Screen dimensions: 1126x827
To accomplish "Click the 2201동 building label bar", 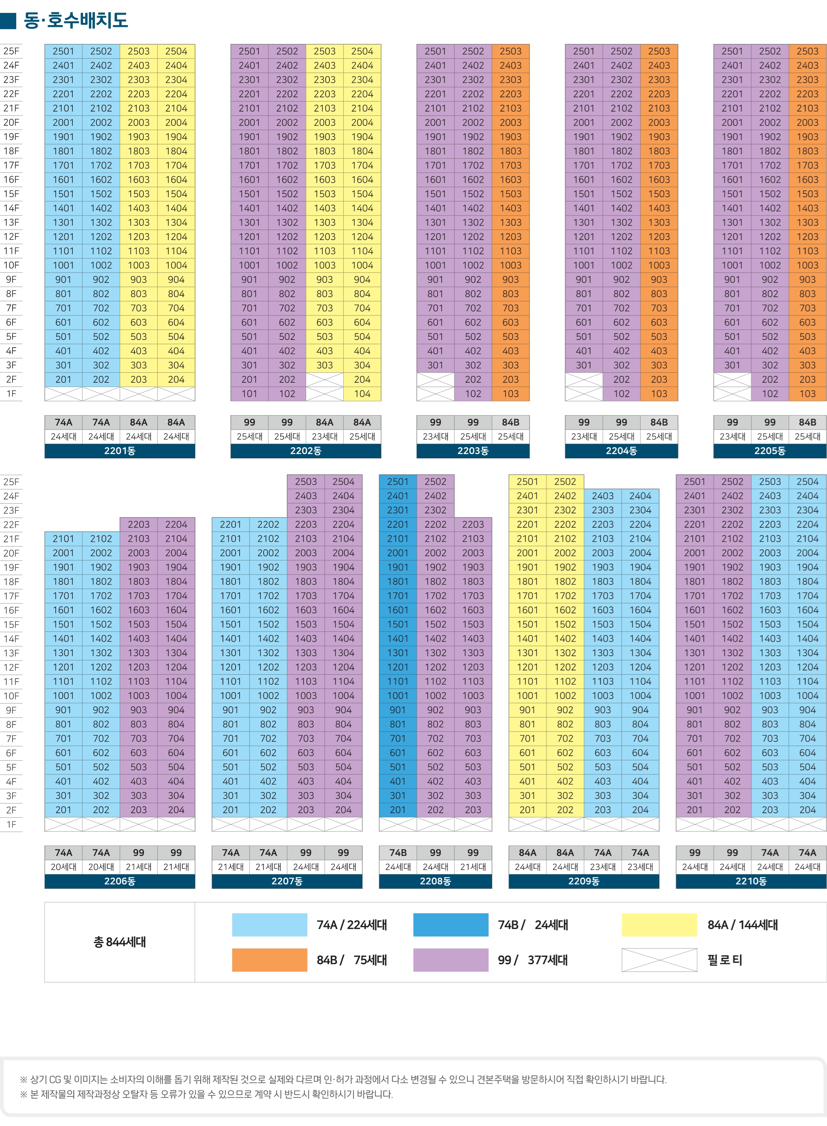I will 120,451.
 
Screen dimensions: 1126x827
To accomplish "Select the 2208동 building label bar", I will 435,881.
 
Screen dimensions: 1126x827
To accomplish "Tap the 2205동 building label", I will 769,451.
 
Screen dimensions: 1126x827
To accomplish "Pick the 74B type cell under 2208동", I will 398,853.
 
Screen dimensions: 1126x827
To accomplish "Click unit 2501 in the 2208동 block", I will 398,481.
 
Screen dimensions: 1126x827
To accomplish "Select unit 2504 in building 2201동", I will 176,51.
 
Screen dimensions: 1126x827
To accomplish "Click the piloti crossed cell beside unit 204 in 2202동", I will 325,379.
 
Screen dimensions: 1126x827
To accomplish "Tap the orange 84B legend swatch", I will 269,960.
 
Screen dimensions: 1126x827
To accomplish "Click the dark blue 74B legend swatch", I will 450,925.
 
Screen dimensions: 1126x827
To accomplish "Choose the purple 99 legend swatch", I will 450,960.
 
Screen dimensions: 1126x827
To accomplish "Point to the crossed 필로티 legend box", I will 659,960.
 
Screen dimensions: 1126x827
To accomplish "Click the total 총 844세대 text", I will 120,942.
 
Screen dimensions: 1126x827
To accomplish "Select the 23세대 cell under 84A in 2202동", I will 325,436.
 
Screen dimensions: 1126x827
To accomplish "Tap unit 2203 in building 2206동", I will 139,524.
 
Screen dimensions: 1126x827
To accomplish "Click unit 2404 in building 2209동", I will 640,496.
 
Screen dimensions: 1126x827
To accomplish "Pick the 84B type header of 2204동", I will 659,422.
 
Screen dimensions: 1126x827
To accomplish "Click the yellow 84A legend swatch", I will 659,925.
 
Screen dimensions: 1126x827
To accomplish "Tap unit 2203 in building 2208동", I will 473,524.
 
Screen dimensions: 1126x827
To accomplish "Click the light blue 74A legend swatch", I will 269,925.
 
